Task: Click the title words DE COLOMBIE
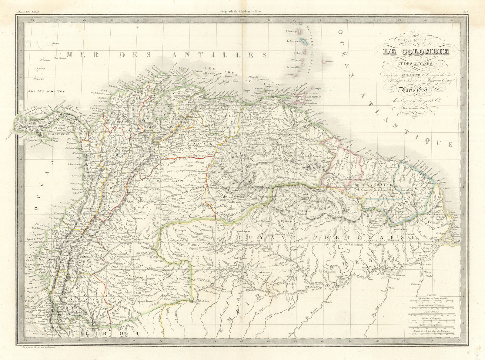416,52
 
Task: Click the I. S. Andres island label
40,69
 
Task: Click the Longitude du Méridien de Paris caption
241,12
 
